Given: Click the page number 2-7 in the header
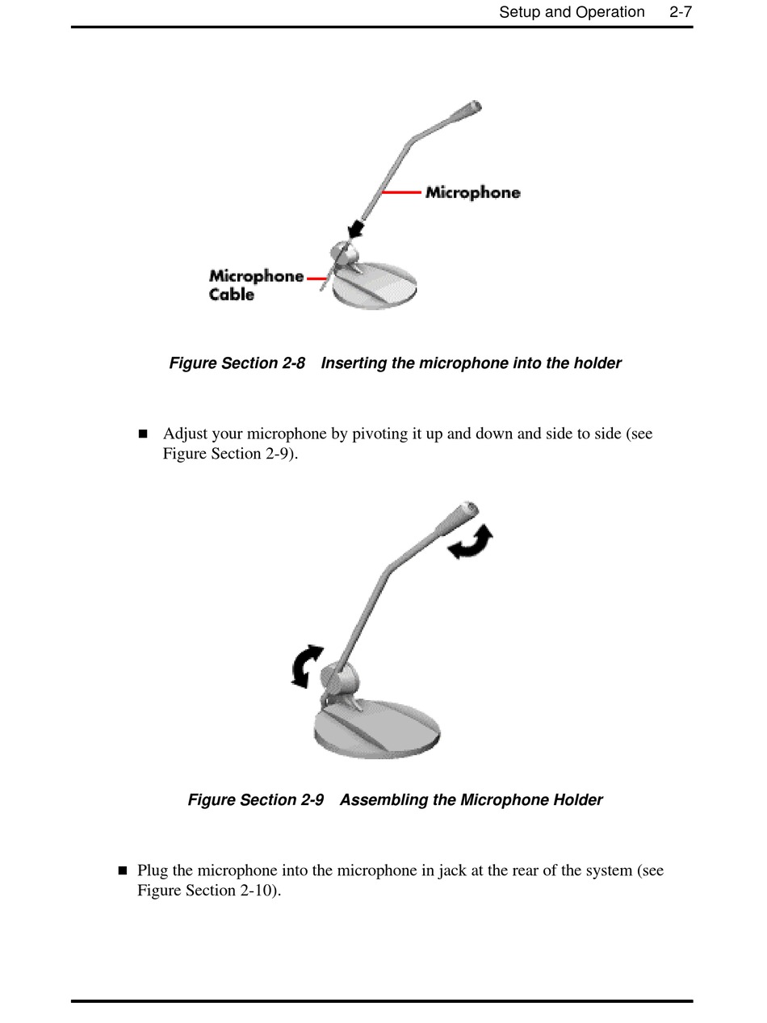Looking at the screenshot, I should click(681, 12).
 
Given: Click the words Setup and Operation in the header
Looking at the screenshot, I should click(572, 12).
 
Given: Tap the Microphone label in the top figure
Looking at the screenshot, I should click(473, 192).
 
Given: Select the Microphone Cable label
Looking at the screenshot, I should click(255, 285).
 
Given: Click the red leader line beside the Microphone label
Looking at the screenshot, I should click(401, 192).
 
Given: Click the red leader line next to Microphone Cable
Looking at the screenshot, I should click(316, 279).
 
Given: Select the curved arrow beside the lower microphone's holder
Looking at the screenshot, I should click(306, 666).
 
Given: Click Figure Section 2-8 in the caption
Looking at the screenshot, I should click(237, 363).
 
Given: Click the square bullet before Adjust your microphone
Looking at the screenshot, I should click(144, 434).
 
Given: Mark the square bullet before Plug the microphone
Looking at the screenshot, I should click(123, 870).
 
